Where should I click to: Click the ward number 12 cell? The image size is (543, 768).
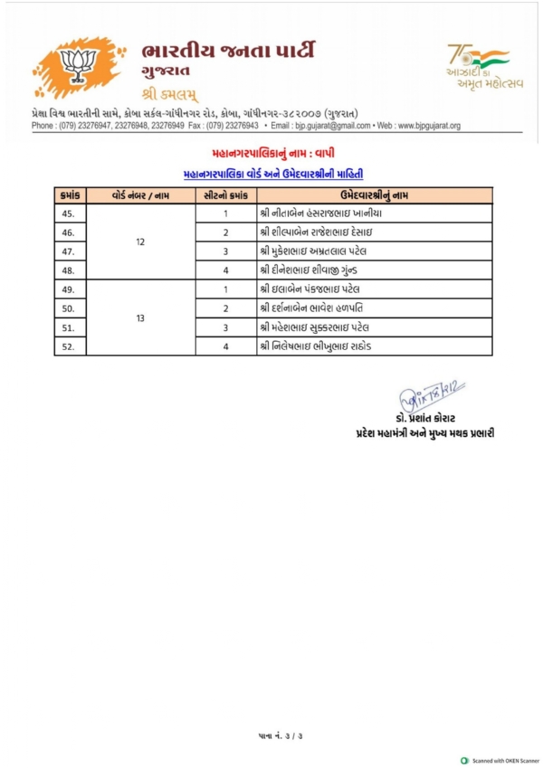(139, 242)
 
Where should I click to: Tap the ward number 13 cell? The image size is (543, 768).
(139, 318)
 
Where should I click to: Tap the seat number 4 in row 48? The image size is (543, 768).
(224, 270)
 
